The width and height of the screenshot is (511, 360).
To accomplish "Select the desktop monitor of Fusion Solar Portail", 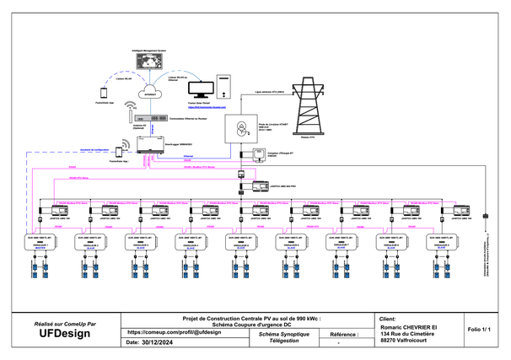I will pyautogui.click(x=202, y=89).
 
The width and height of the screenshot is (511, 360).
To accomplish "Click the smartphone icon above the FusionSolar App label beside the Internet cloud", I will pyautogui.click(x=105, y=92).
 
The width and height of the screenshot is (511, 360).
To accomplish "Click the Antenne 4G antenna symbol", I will pyautogui.click(x=131, y=109).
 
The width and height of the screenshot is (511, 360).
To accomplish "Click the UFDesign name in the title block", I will pyautogui.click(x=64, y=333).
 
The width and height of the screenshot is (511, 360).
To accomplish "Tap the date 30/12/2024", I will pyautogui.click(x=162, y=343).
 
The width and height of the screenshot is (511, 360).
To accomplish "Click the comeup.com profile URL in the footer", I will pyautogui.click(x=174, y=332).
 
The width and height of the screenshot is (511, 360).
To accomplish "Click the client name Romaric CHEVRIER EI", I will pyautogui.click(x=409, y=326).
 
